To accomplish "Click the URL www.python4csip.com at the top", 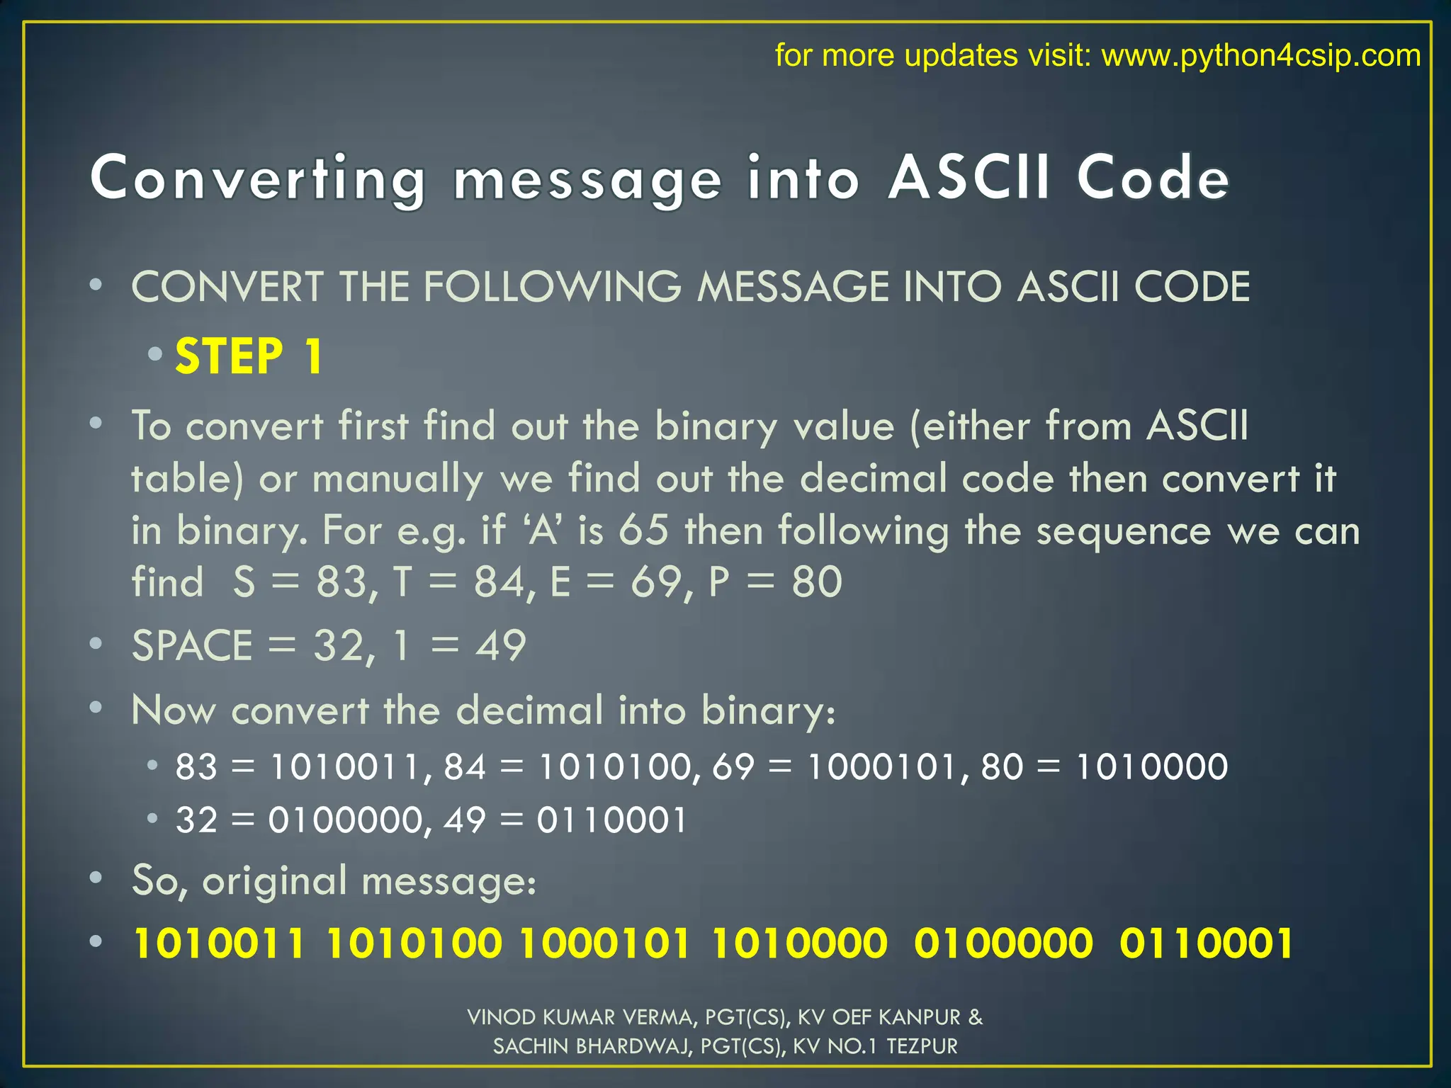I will click(x=1260, y=55).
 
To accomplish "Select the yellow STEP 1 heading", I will click(x=249, y=356).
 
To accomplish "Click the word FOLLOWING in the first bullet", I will click(x=552, y=287).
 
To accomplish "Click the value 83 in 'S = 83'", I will click(x=342, y=582).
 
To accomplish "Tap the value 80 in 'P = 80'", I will click(x=817, y=582).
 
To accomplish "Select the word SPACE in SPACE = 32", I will click(x=192, y=645).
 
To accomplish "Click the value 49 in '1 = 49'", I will click(x=500, y=645).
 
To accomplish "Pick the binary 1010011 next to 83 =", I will click(x=345, y=766).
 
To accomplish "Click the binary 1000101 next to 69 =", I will click(x=882, y=766).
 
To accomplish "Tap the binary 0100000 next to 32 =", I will click(x=345, y=820).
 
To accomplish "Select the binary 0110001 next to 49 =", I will click(x=611, y=820).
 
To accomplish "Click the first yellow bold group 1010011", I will click(x=219, y=943).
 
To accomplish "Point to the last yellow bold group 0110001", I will click(x=1206, y=943).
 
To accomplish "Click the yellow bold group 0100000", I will click(x=1003, y=943).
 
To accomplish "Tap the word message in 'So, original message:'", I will click(x=448, y=881).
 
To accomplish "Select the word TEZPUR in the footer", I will click(x=922, y=1046).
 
